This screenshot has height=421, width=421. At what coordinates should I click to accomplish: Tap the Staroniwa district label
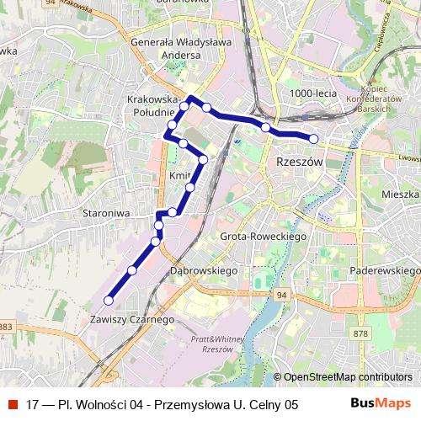point(106,214)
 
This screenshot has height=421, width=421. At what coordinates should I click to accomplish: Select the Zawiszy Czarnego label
point(131,320)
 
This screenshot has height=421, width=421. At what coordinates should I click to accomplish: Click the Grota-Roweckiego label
point(261,237)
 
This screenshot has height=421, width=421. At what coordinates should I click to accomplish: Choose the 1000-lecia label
point(312,93)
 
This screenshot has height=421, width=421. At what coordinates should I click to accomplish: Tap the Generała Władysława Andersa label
point(187,50)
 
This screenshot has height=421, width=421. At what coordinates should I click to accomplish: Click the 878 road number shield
point(361,334)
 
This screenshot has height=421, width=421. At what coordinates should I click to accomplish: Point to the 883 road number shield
point(6,327)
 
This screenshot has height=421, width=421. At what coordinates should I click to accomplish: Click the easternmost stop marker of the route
point(313,139)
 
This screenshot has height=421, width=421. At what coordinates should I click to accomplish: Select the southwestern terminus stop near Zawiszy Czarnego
point(108,300)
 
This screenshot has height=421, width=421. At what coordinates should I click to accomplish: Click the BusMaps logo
point(382,403)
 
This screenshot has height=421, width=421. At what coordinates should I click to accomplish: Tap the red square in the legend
point(12,404)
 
